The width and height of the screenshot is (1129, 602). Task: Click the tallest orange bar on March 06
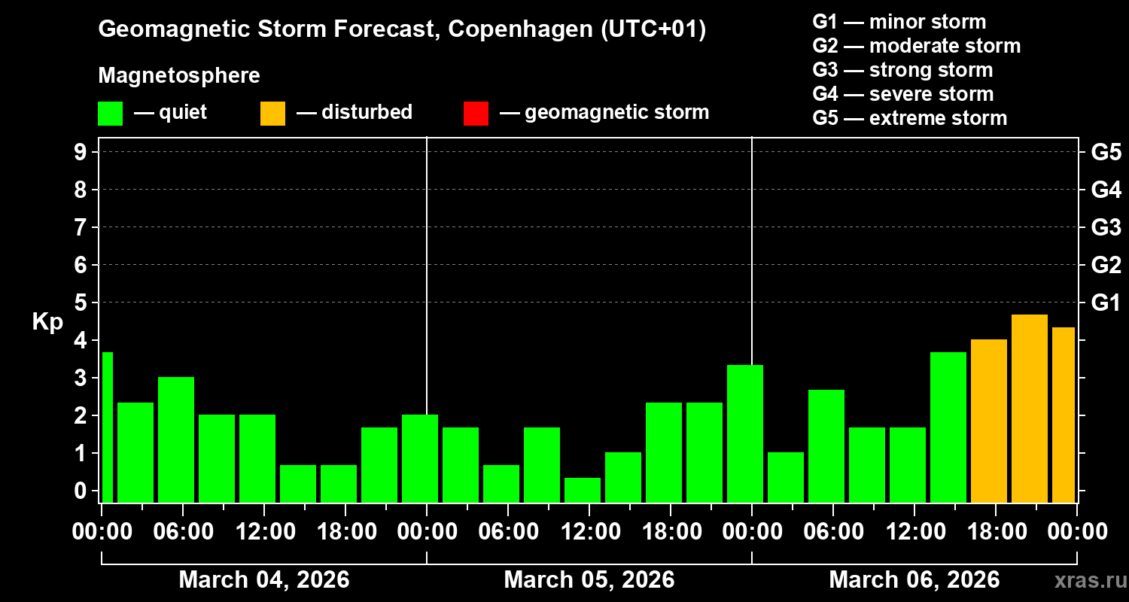click(1030, 408)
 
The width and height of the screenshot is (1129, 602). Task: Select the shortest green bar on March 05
click(583, 489)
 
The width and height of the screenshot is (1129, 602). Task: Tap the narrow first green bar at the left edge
click(107, 427)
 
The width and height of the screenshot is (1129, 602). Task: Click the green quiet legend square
click(110, 114)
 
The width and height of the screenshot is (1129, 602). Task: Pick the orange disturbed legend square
click(272, 114)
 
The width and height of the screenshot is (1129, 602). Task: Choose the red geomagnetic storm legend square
click(476, 114)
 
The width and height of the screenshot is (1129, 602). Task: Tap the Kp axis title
click(47, 322)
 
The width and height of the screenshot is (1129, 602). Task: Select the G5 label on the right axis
click(1106, 153)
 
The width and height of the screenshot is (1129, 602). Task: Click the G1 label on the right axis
click(1106, 303)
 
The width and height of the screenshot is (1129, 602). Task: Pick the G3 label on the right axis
click(1106, 228)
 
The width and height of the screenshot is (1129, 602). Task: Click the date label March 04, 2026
click(263, 580)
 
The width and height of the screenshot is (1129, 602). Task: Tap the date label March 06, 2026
click(914, 580)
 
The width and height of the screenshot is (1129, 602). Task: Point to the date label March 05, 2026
click(589, 580)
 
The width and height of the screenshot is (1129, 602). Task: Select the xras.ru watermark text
click(1086, 580)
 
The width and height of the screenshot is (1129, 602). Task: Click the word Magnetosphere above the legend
click(179, 76)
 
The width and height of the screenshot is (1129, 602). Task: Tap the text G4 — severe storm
click(902, 94)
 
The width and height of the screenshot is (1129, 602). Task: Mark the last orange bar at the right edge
click(1063, 415)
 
